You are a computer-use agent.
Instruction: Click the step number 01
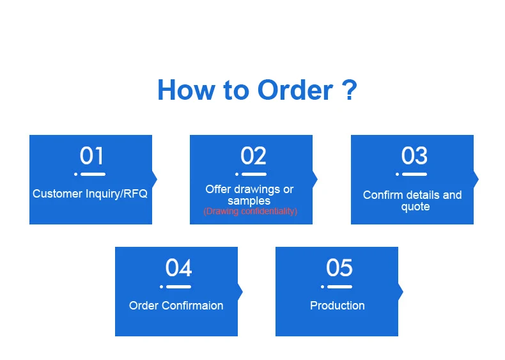pyautogui.click(x=91, y=156)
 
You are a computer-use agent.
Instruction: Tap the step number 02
pyautogui.click(x=253, y=156)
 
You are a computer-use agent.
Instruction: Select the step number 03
pyautogui.click(x=414, y=156)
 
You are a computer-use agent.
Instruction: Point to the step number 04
pyautogui.click(x=178, y=268)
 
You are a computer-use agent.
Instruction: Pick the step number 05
pyautogui.click(x=339, y=268)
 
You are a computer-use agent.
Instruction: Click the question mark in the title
pyautogui.click(x=349, y=90)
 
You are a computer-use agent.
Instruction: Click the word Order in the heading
pyautogui.click(x=295, y=90)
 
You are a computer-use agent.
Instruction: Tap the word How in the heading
pyautogui.click(x=185, y=90)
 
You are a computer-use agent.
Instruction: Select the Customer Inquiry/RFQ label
pyautogui.click(x=90, y=193)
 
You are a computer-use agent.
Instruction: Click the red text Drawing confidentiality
pyautogui.click(x=251, y=211)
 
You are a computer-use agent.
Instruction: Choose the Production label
pyautogui.click(x=338, y=306)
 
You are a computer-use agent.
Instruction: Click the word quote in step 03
pyautogui.click(x=415, y=207)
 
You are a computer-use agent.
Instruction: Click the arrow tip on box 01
pyautogui.click(x=155, y=178)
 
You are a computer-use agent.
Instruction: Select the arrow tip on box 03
pyautogui.click(x=476, y=178)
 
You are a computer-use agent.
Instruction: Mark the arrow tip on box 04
pyautogui.click(x=240, y=292)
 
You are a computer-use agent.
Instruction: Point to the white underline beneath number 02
pyautogui.click(x=254, y=174)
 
